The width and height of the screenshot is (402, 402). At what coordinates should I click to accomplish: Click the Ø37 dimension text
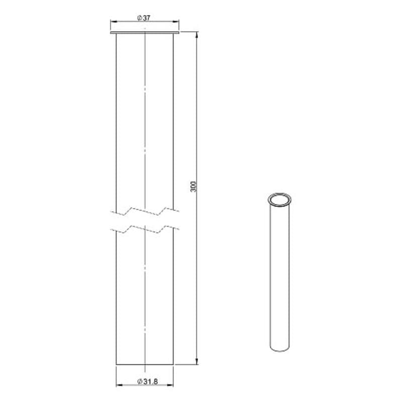pos(144,18)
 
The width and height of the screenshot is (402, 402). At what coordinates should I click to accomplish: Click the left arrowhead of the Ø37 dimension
pos(113,22)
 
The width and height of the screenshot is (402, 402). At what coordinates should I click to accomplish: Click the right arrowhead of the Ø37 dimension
pos(176,22)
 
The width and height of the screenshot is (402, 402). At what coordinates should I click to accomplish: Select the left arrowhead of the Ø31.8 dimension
pos(119,386)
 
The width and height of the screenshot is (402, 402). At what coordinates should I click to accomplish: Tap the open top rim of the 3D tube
pos(279,199)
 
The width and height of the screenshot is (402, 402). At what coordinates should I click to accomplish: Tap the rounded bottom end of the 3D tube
pos(280,350)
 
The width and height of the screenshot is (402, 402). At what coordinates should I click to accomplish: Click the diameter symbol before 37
pos(139,18)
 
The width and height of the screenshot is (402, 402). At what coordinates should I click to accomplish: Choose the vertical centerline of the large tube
pos(145,126)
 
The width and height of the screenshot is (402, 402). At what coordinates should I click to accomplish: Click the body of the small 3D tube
pos(280,276)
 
